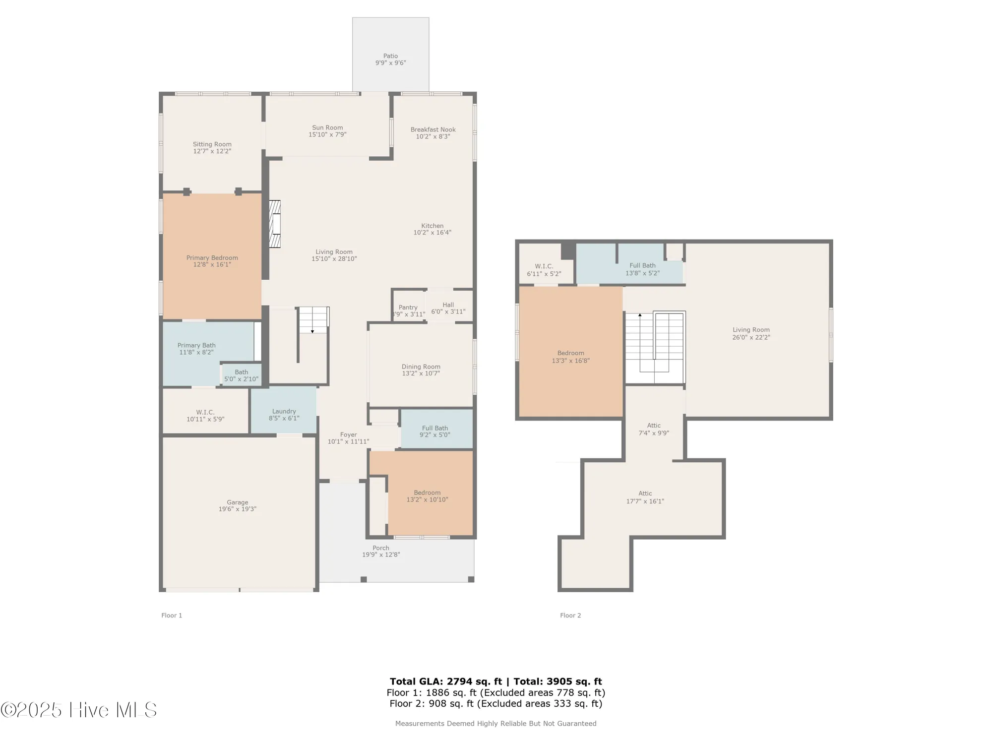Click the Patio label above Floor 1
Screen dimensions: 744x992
click(390, 56)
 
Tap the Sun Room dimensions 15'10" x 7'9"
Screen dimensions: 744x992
click(327, 134)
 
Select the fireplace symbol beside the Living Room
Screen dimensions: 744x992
click(275, 224)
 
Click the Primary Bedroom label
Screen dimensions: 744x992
click(212, 257)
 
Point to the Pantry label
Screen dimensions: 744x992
click(408, 308)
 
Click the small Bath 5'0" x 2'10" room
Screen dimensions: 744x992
click(241, 375)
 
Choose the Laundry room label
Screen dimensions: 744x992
click(284, 411)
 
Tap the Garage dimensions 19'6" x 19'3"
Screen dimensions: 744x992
click(237, 509)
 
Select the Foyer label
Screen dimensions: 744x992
click(348, 434)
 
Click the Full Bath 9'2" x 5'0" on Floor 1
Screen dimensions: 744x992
click(434, 431)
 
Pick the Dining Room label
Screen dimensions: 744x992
click(421, 367)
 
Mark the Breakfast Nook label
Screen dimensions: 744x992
click(433, 129)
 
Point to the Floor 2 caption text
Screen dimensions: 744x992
click(570, 616)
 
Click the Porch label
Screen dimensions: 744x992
click(380, 548)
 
